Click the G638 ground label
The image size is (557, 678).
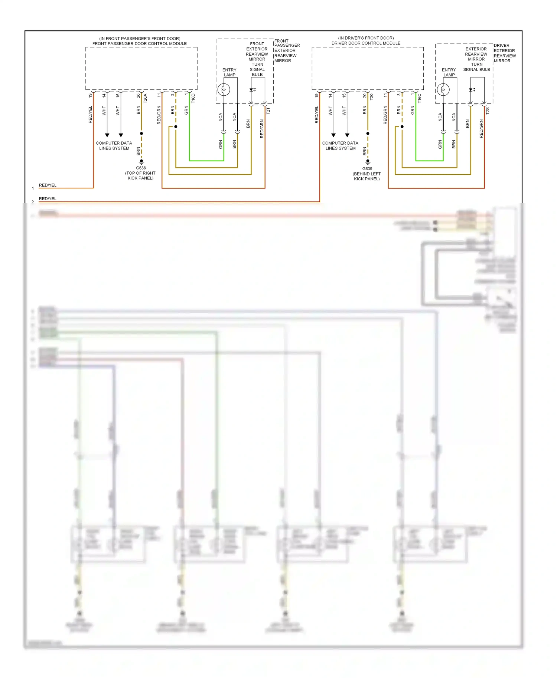point(141,168)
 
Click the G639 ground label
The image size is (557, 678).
point(367,168)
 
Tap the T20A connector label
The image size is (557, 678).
point(145,98)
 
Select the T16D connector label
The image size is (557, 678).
point(193,98)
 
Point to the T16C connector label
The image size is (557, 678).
point(419,98)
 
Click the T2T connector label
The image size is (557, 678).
point(268,111)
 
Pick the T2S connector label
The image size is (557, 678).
point(488,111)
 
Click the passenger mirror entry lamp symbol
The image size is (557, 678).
point(224,89)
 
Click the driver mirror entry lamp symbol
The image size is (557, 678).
point(443,89)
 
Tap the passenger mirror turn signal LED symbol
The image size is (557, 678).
point(252,90)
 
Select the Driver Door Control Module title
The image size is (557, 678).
point(366,43)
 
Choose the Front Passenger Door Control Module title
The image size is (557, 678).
point(139,43)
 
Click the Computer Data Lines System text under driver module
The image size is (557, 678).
point(340,145)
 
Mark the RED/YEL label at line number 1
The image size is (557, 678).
point(48,185)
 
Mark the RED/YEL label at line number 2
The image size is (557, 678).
point(48,198)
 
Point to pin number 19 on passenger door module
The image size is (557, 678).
point(90,95)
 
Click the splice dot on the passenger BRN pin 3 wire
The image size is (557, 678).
point(176,126)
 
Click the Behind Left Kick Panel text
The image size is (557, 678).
point(367,176)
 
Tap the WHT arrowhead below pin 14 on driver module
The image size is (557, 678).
point(333,135)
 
